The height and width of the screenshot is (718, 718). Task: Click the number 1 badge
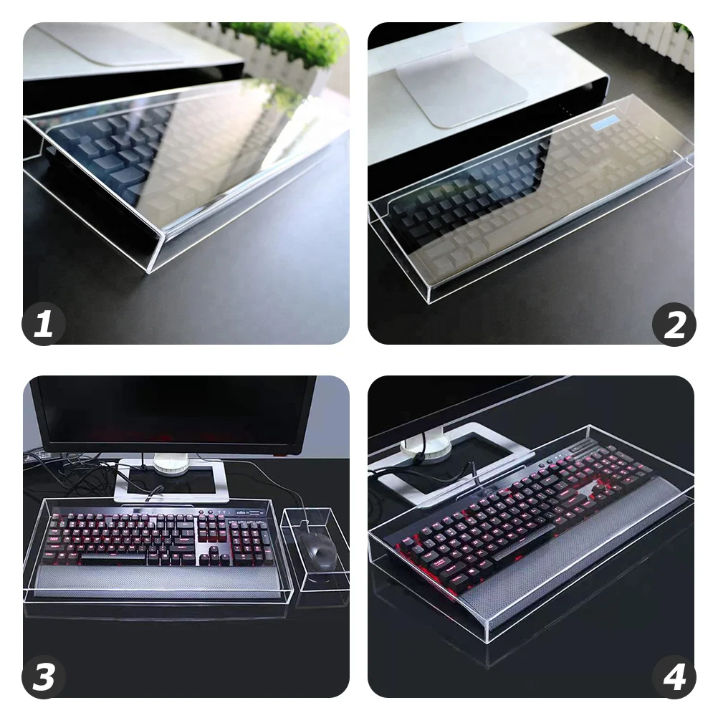coord(44,325)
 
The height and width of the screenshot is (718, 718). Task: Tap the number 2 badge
coord(674,325)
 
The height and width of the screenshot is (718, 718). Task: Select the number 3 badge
coord(44,677)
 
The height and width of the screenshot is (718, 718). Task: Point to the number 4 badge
coord(674,677)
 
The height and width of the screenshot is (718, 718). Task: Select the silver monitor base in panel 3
coord(172,482)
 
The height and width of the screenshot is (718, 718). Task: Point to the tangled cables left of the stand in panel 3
coord(72,473)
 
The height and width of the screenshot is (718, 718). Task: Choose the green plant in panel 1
coord(287,39)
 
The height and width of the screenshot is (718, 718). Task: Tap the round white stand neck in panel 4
coord(426,447)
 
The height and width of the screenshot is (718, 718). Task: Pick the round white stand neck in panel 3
coord(171,464)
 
